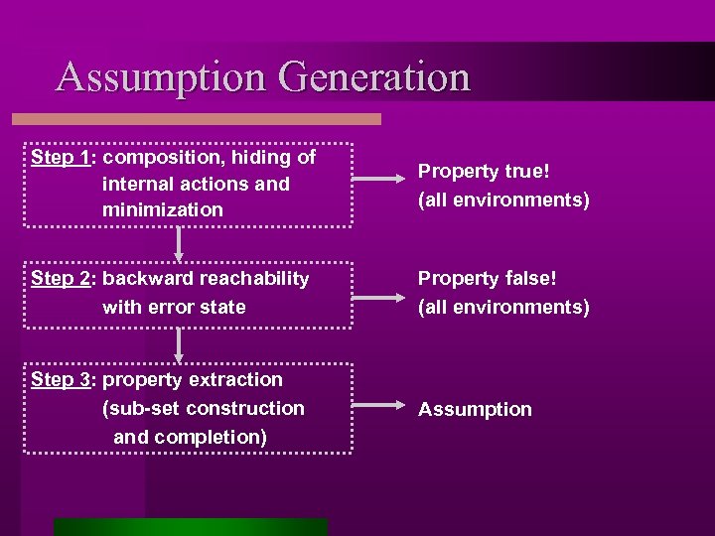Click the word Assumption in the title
[x=160, y=78]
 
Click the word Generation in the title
[x=374, y=77]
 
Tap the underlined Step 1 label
[x=62, y=158]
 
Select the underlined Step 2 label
[x=62, y=279]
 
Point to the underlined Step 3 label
[x=62, y=380]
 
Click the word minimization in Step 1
[x=163, y=209]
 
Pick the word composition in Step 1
[x=165, y=158]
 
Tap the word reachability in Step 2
[x=254, y=279]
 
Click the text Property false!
[x=488, y=279]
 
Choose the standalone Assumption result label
[x=475, y=409]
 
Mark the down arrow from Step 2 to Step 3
[x=180, y=344]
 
